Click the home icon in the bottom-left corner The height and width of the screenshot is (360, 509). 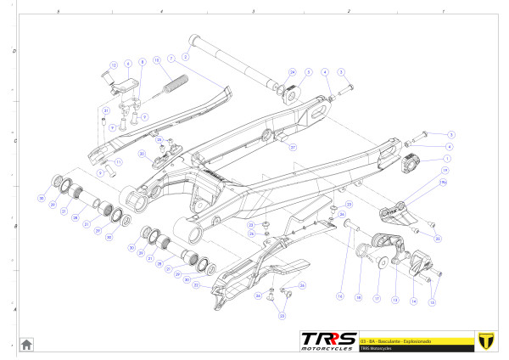[x=26, y=344]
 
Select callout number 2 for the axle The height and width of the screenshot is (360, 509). [x=186, y=56]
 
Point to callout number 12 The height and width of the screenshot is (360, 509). [x=113, y=65]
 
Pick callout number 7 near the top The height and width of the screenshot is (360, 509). [x=171, y=58]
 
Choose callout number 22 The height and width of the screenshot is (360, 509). [x=197, y=285]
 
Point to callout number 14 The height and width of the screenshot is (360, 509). [x=413, y=301]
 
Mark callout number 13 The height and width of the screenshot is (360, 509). [x=394, y=299]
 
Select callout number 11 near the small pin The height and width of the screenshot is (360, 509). [x=117, y=161]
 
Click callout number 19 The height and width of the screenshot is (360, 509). [x=444, y=171]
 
